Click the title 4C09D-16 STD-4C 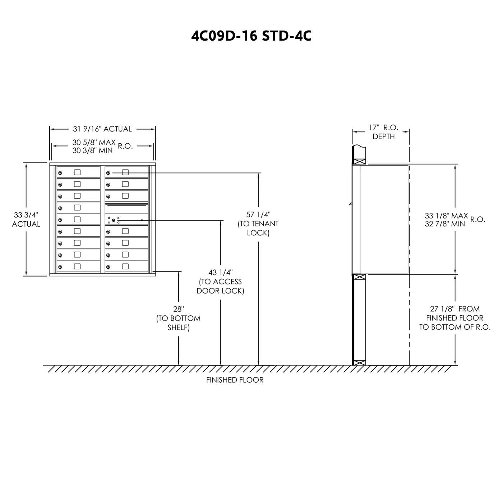pyautogui.click(x=251, y=36)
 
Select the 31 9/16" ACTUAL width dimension pyautogui.click(x=102, y=129)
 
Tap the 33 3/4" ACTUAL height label pyautogui.click(x=26, y=220)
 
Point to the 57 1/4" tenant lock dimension pyautogui.click(x=258, y=223)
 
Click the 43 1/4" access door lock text pyautogui.click(x=220, y=281)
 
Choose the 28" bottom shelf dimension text pyautogui.click(x=178, y=318)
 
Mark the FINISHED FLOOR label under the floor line pyautogui.click(x=235, y=380)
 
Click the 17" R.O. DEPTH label pyautogui.click(x=383, y=132)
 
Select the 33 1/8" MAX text pyautogui.click(x=446, y=216)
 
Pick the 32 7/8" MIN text pyautogui.click(x=445, y=224)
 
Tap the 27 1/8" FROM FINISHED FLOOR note pyautogui.click(x=455, y=318)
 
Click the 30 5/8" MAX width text pyautogui.click(x=94, y=143)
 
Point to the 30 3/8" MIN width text pyautogui.click(x=92, y=151)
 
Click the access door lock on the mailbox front pyautogui.click(x=114, y=220)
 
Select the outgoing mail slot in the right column pyautogui.click(x=126, y=205)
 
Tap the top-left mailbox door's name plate pyautogui.click(x=77, y=172)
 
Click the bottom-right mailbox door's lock pyautogui.click(x=108, y=267)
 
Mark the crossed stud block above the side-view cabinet pyautogui.click(x=360, y=161)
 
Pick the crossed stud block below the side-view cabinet pyautogui.click(x=360, y=277)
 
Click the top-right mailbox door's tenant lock pyautogui.click(x=108, y=173)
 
